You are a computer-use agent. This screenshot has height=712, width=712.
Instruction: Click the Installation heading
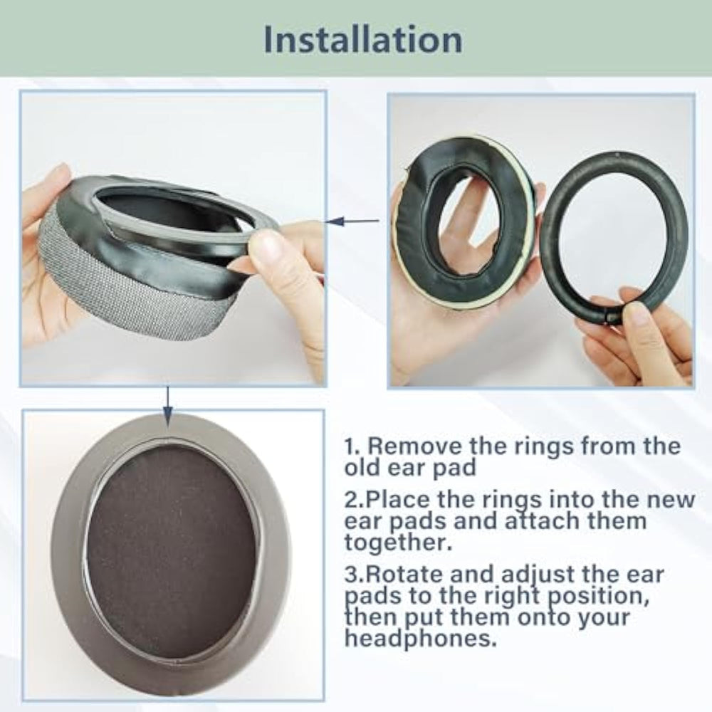363,40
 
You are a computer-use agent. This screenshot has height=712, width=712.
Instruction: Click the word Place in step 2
398,500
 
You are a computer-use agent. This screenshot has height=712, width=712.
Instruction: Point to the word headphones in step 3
419,639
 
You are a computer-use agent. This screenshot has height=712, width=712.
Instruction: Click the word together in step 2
398,542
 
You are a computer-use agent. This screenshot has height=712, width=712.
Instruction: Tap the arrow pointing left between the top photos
352,221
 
